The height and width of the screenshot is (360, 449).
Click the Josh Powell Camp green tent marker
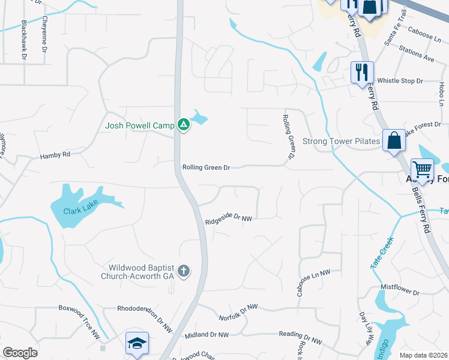(x=184, y=125)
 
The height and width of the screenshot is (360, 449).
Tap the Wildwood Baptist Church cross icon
(x=184, y=272)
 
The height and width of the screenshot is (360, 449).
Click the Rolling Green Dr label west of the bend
(x=206, y=168)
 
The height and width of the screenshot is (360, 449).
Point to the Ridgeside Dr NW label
(x=228, y=220)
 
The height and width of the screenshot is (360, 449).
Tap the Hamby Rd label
(x=55, y=155)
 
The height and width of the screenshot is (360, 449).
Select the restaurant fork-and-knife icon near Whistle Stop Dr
(x=362, y=73)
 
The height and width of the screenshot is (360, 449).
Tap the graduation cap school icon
(x=137, y=343)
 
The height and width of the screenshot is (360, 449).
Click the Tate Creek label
(x=382, y=252)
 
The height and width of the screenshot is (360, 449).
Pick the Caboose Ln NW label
(x=313, y=281)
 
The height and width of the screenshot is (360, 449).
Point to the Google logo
(x=20, y=353)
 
